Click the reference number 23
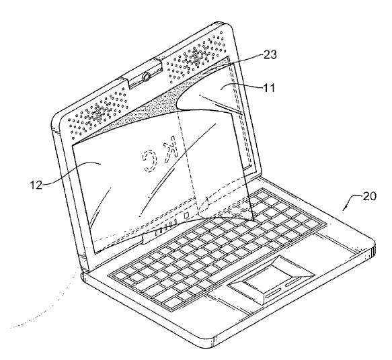coord(270,54)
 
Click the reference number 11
coord(269,87)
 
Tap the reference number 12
coord(36,185)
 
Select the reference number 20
coord(369,196)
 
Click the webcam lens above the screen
coord(146,77)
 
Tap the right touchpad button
coord(292,283)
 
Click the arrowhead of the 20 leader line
coord(344,209)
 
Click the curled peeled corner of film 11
coord(192,93)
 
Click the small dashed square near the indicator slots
coord(186,215)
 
